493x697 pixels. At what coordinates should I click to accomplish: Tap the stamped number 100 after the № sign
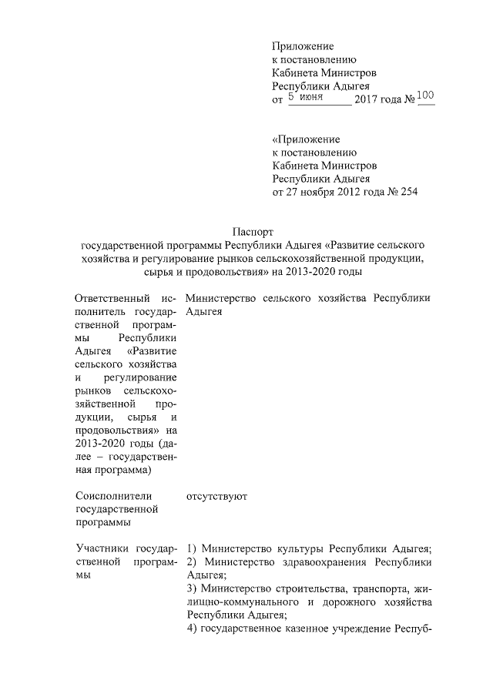point(425,96)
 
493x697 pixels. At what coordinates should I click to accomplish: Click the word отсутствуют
point(216,497)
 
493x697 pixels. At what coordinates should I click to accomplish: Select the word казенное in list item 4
point(323,629)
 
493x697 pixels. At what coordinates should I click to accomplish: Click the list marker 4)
point(193,629)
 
